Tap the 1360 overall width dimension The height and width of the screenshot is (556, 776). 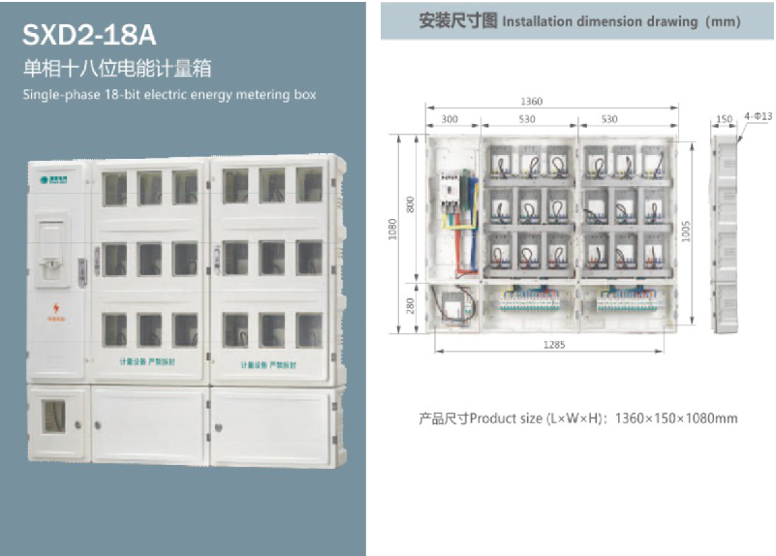point(532,101)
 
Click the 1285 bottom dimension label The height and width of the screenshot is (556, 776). point(554,345)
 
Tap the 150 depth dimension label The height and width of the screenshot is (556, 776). point(724,119)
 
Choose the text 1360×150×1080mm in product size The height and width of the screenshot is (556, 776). point(677,418)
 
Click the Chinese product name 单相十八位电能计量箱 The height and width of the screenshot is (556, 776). point(117,69)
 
